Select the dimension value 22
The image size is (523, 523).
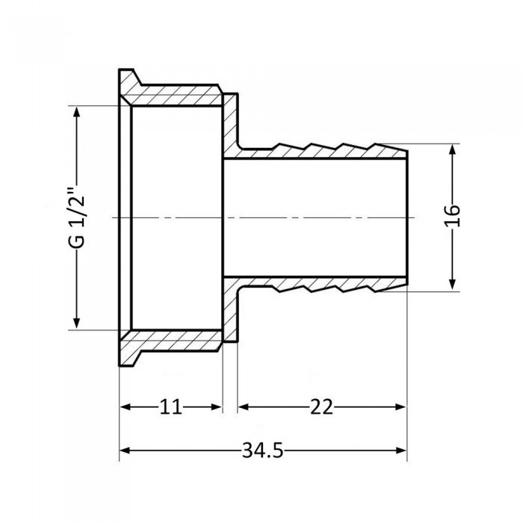point(323,406)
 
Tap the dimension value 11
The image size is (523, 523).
point(170,406)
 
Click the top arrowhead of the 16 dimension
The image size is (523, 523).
point(454,149)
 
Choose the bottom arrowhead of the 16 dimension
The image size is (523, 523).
point(454,285)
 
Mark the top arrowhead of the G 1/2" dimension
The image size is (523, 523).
point(75,110)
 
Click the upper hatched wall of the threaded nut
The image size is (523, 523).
point(176,98)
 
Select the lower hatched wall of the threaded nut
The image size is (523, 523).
point(176,338)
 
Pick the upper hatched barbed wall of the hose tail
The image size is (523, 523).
point(321,152)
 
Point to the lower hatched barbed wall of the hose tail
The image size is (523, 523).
point(321,283)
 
